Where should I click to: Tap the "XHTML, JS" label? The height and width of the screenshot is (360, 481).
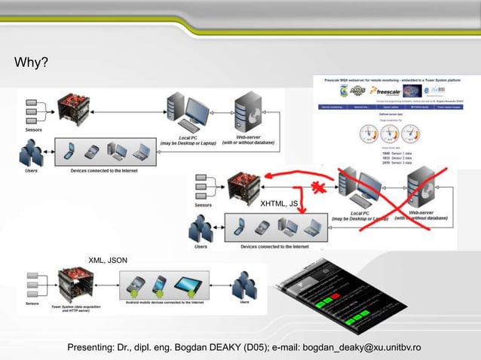[x=280, y=204]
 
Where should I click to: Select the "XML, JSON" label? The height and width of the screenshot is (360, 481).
[x=109, y=261]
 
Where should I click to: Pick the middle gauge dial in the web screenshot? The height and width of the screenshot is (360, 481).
[x=388, y=134]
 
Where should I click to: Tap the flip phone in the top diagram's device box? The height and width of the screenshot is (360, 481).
[x=68, y=151]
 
